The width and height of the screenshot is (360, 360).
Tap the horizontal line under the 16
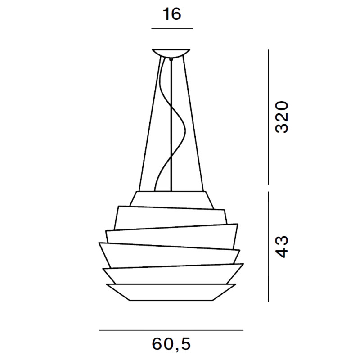172,28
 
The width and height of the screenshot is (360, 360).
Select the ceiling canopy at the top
171,53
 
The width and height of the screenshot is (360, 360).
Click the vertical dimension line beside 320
268,117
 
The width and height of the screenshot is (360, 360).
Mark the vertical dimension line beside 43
268,246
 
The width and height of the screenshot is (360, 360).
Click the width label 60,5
171,345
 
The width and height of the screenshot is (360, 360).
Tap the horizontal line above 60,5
171,330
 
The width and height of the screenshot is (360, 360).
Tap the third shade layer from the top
171,237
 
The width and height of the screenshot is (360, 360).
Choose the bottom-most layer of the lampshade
171,292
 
